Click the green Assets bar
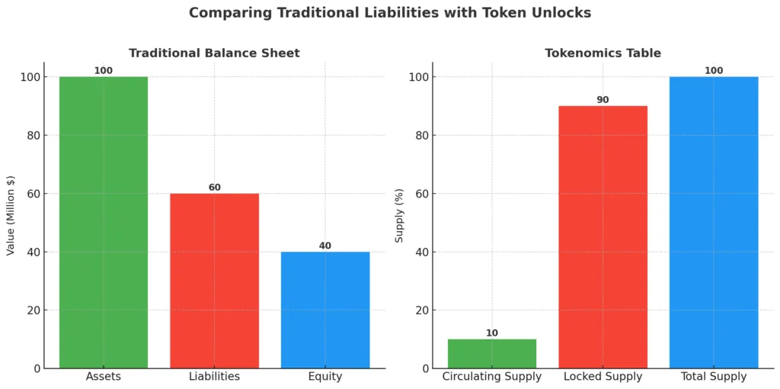[x=104, y=222]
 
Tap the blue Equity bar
[x=325, y=310]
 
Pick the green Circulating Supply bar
[x=492, y=353]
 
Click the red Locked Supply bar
[x=603, y=236]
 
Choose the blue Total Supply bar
[x=714, y=222]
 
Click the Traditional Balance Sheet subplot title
[x=214, y=53]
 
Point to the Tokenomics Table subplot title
[x=603, y=53]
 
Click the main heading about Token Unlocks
[x=390, y=13]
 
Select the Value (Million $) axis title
[x=11, y=215]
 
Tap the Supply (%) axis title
[x=399, y=215]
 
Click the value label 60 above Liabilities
[x=214, y=188]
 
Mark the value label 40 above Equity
[x=325, y=246]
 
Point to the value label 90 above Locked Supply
[x=603, y=100]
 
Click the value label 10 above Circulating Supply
[x=492, y=333]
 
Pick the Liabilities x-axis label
[x=214, y=377]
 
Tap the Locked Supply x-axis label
[x=603, y=377]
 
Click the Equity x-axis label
[x=325, y=377]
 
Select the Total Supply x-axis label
[x=714, y=377]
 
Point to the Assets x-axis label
[x=104, y=377]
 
